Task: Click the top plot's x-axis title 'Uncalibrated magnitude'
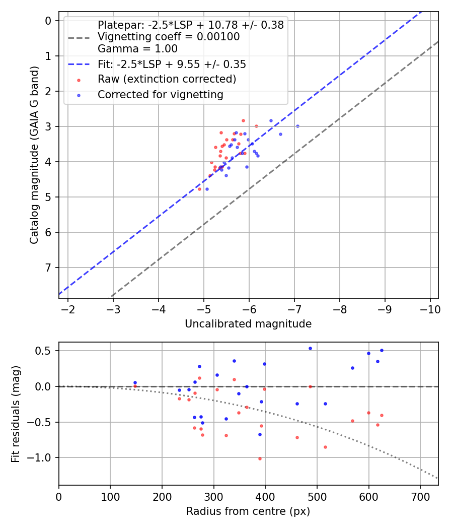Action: click(x=248, y=324)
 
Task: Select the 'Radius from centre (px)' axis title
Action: click(x=248, y=511)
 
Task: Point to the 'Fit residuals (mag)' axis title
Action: click(x=16, y=414)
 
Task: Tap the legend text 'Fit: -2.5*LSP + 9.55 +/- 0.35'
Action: click(x=172, y=64)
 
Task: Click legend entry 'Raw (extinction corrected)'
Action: click(x=167, y=79)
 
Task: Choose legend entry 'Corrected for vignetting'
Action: click(x=161, y=94)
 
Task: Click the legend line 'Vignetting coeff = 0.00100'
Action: click(x=169, y=37)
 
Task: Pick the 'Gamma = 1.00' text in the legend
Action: click(x=137, y=49)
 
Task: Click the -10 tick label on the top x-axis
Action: click(x=430, y=309)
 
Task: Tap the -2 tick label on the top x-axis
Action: click(x=67, y=309)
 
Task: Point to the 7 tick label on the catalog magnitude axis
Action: click(x=49, y=268)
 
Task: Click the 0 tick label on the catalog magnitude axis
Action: click(x=49, y=21)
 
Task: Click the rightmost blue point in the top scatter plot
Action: click(x=297, y=126)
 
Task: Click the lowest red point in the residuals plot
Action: click(x=260, y=458)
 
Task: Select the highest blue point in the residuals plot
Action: click(x=310, y=348)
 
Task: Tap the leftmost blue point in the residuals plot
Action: click(x=135, y=382)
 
